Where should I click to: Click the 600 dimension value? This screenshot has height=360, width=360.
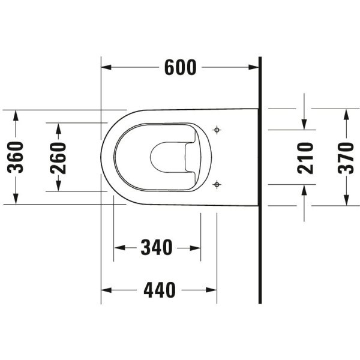181,67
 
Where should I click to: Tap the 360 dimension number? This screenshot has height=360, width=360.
16,157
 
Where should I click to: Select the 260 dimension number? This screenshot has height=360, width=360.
58,158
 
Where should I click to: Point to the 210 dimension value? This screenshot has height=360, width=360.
305,158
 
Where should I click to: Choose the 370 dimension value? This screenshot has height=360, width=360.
346,158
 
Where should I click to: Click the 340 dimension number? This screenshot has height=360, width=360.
157,247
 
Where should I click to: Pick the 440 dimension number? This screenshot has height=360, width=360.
160,290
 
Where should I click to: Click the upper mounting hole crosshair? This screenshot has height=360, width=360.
217,130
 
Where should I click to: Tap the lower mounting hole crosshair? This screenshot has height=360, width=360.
217,184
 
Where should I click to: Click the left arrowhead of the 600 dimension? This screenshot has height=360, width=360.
106,67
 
